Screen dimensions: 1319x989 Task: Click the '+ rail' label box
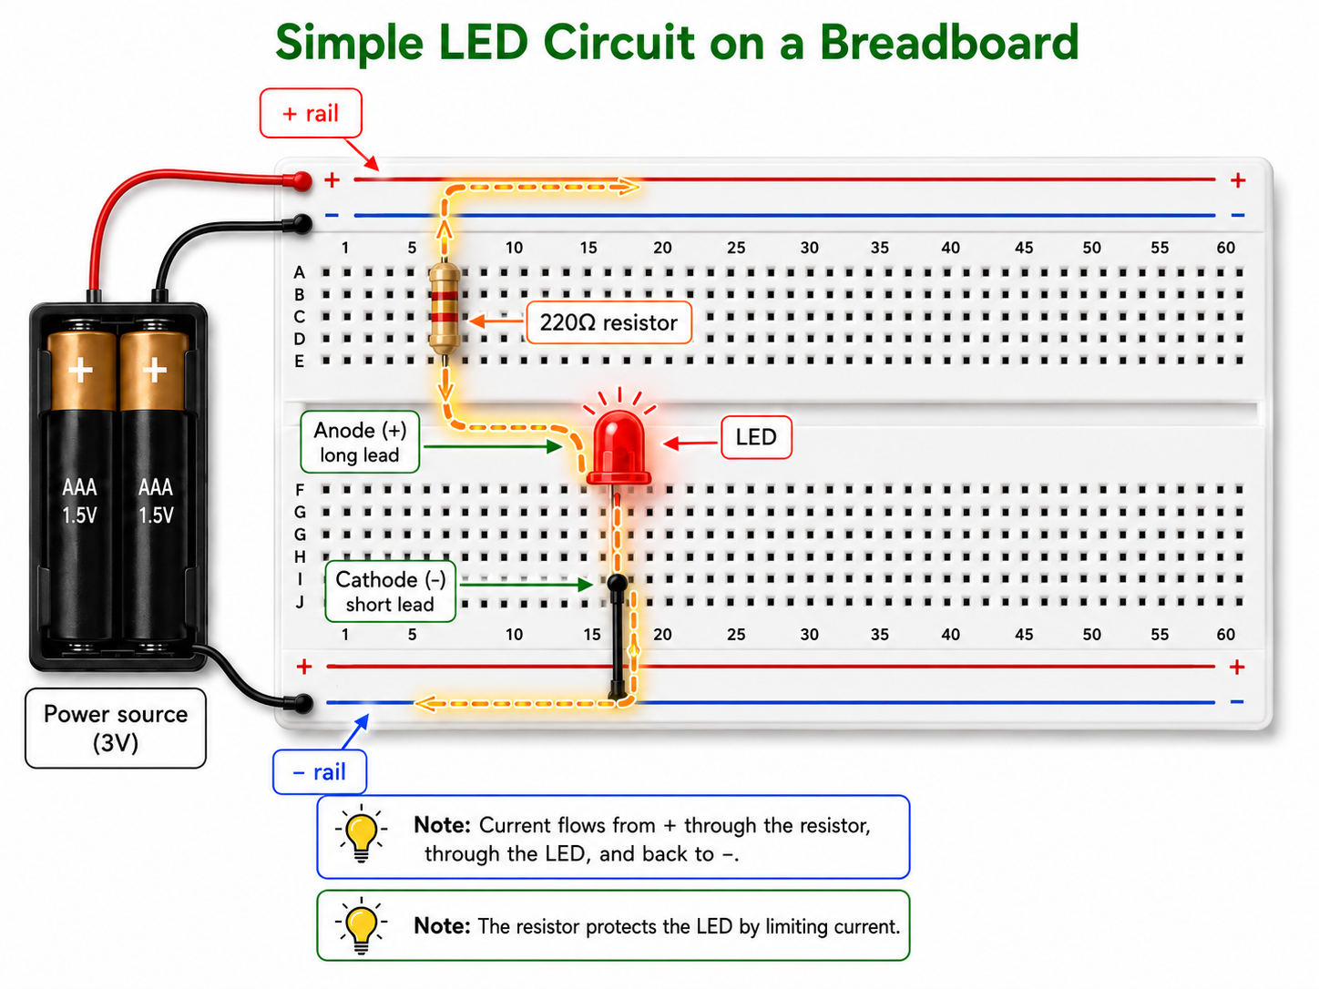point(311,113)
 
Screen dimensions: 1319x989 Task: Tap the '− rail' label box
point(320,771)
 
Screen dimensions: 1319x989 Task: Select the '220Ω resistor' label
point(608,322)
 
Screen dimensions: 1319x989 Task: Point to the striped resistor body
point(445,309)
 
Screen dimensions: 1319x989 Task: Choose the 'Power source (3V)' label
point(116,728)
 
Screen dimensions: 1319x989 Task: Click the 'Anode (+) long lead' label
point(360,442)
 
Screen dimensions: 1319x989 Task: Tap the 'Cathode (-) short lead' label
point(391,591)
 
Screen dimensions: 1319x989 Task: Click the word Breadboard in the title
point(949,42)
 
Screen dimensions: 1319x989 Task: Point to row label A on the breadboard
point(300,272)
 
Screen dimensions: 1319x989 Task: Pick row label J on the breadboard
point(300,602)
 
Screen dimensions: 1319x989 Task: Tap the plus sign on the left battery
point(80,370)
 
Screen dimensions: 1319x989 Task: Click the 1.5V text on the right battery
point(156,515)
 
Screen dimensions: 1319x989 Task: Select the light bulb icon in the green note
point(361,925)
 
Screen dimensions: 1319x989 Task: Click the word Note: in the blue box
point(443,825)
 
